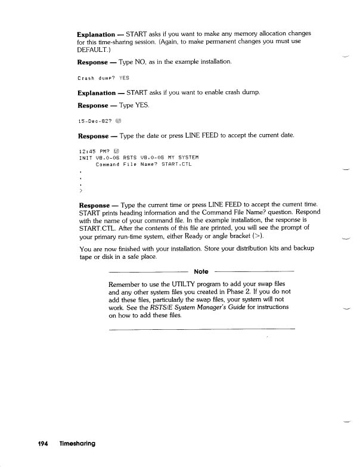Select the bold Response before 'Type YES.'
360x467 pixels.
coord(93,105)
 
